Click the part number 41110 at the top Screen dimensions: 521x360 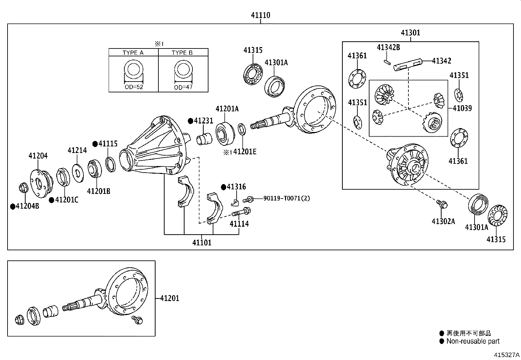pyautogui.click(x=260, y=15)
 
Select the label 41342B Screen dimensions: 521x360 pyautogui.click(x=388, y=47)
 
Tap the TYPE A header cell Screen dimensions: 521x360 pyautogui.click(x=133, y=53)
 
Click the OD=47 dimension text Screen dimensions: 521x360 pyautogui.click(x=183, y=87)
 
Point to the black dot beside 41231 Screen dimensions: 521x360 pyautogui.click(x=190, y=121)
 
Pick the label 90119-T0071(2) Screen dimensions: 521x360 pyautogui.click(x=287, y=198)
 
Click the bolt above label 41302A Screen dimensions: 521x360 pyautogui.click(x=442, y=204)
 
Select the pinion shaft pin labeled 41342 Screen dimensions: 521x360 pyautogui.click(x=408, y=65)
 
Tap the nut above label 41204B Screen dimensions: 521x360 pyautogui.click(x=23, y=188)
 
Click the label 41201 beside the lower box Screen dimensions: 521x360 pyautogui.click(x=170, y=298)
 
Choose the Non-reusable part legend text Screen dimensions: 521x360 pyautogui.click(x=473, y=341)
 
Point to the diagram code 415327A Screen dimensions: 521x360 pyautogui.click(x=507, y=355)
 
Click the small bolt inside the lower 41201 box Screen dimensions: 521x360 pyautogui.click(x=137, y=320)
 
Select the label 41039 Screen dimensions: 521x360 pyautogui.click(x=462, y=108)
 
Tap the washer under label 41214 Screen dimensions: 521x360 pyautogui.click(x=78, y=173)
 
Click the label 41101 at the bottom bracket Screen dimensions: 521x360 pyautogui.click(x=202, y=243)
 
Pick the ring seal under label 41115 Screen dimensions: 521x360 pyautogui.click(x=110, y=164)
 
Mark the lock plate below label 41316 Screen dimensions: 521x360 pyautogui.click(x=235, y=202)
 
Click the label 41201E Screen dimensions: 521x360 pyautogui.click(x=245, y=152)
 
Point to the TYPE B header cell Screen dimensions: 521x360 pyautogui.click(x=183, y=53)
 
